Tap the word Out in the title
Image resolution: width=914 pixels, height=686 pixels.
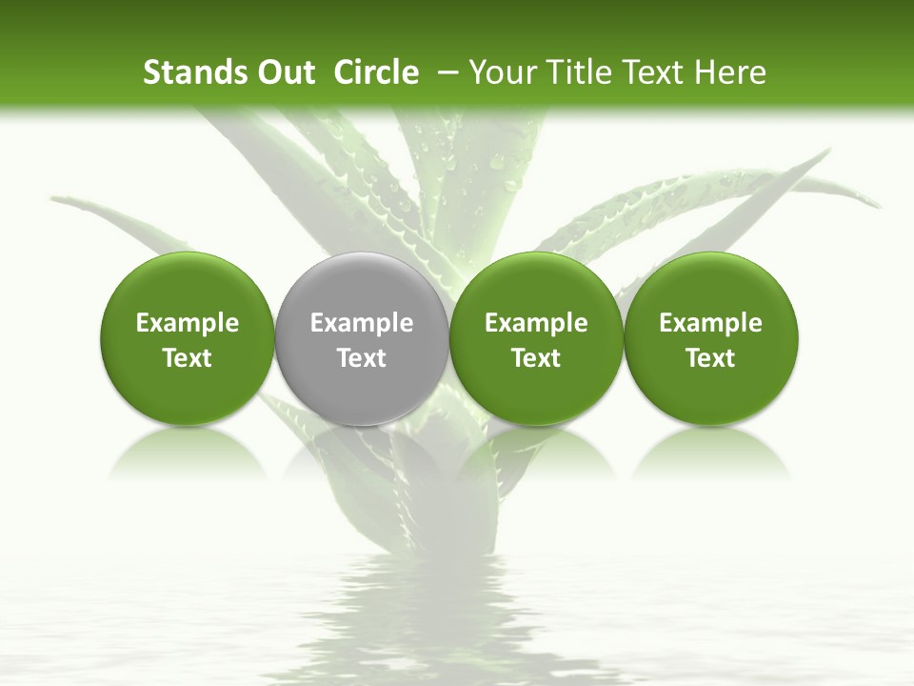(283, 72)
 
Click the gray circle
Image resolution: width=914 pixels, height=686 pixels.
(362, 286)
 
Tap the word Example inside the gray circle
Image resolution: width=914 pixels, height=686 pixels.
(362, 323)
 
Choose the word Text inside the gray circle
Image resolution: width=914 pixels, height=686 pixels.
(362, 358)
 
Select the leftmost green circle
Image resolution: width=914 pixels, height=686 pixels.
(188, 286)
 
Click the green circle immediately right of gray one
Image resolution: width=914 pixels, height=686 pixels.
(536, 286)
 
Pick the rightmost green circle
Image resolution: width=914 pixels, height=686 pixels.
(710, 286)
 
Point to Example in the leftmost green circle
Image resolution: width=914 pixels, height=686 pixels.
(188, 323)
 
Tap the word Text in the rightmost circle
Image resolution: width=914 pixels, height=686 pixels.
(710, 358)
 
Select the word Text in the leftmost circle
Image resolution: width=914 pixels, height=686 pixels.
(188, 358)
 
